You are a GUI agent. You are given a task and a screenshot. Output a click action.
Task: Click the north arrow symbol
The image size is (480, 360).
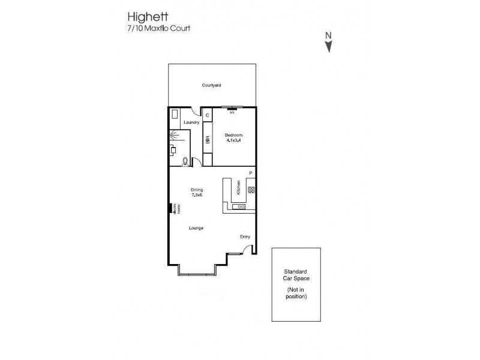click(329, 44)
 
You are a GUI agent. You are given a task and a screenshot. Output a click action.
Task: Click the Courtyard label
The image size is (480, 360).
click(211, 86)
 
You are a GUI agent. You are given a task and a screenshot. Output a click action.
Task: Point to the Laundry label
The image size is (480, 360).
click(191, 122)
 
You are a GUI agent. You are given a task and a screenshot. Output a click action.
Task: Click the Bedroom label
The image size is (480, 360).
click(233, 135)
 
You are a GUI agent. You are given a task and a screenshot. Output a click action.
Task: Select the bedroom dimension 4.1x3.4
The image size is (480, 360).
click(233, 141)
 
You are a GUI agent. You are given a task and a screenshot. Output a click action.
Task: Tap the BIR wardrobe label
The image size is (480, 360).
click(208, 140)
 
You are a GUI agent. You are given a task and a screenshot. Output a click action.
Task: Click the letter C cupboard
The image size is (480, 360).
click(208, 115)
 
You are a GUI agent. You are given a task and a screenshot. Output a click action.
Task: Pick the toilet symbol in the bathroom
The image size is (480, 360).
click(185, 161)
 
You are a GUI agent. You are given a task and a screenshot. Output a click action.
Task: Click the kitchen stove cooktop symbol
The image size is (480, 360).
click(251, 190)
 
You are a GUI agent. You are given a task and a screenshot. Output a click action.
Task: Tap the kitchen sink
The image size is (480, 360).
click(241, 206)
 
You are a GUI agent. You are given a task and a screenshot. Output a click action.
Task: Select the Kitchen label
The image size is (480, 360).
click(239, 188)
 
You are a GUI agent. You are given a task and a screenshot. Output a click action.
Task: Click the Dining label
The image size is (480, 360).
click(197, 189)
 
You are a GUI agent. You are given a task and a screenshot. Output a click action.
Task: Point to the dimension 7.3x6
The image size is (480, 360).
click(197, 195)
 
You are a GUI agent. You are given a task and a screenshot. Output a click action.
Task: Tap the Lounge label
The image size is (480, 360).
click(196, 228)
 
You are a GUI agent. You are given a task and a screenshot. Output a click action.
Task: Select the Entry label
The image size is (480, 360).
click(245, 236)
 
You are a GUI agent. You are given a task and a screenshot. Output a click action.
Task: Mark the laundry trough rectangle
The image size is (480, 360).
click(175, 113)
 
